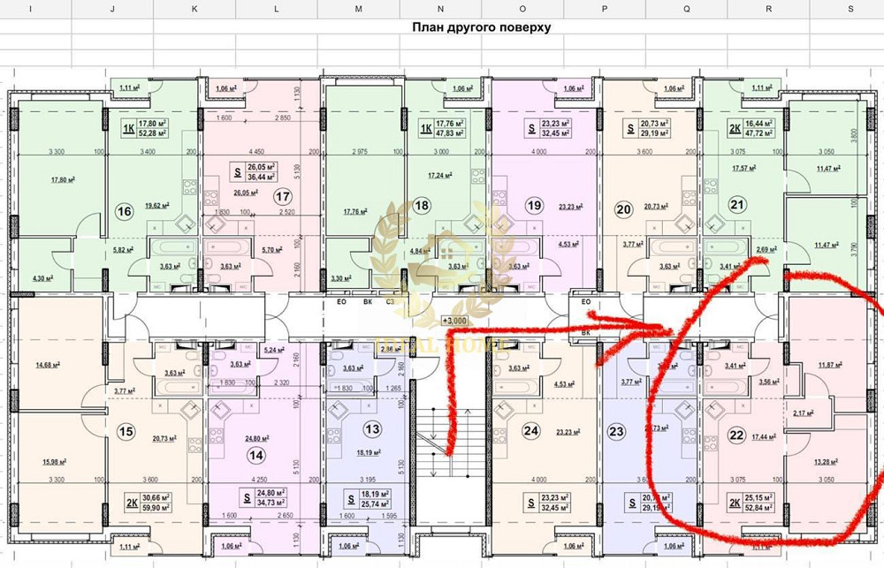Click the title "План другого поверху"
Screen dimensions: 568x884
click(x=482, y=27)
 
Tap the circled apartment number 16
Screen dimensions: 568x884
click(x=124, y=211)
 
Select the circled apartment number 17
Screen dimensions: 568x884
click(x=283, y=197)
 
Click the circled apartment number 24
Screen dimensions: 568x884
click(x=530, y=431)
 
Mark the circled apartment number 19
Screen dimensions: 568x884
click(x=533, y=206)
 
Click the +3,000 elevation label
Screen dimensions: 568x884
click(x=455, y=322)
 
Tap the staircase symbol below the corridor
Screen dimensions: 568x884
click(x=433, y=442)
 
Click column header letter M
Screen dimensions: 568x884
click(x=358, y=8)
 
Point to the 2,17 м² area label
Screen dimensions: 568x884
click(x=804, y=413)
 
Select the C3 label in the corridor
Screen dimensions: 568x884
click(x=389, y=301)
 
